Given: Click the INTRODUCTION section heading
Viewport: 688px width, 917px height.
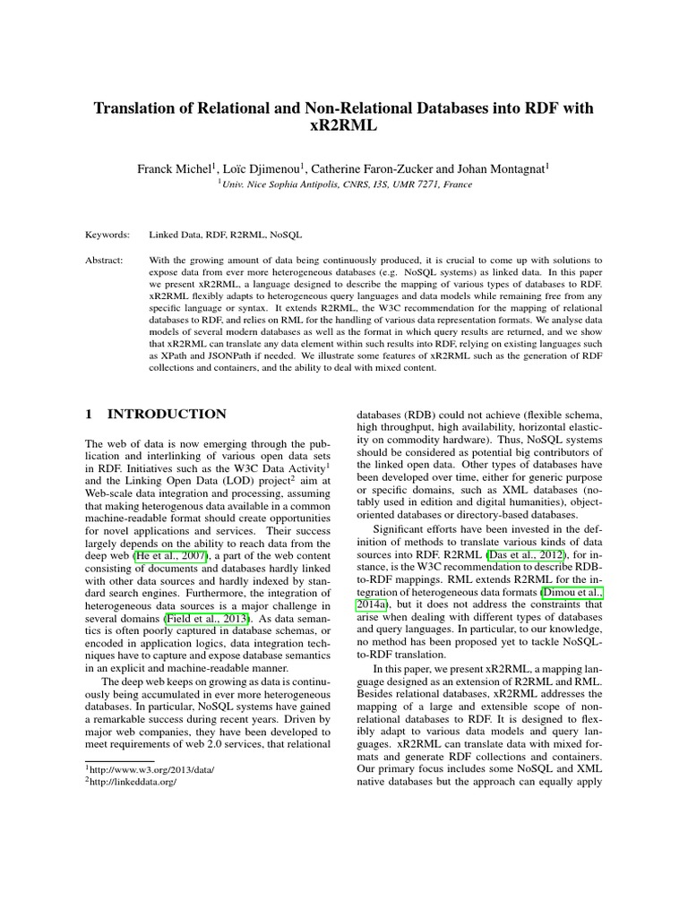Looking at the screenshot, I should (167, 415).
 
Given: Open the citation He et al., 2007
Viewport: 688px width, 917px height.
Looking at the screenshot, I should (170, 557).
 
